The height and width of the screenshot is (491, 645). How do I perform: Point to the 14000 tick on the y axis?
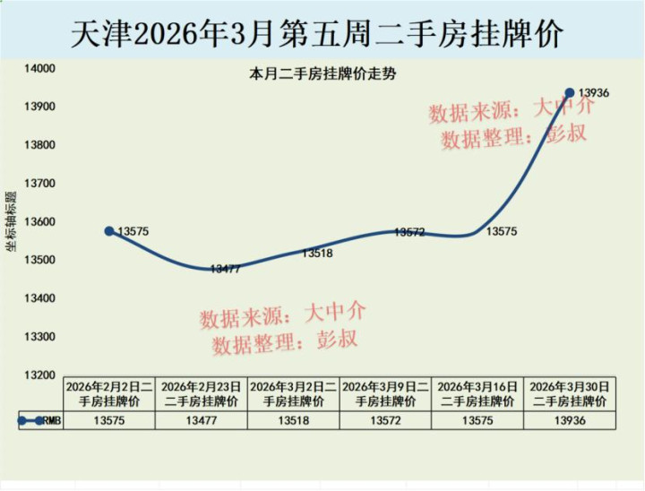40,68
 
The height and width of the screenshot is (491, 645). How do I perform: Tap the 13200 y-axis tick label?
40,375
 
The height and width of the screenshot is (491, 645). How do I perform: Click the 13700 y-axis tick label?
40,184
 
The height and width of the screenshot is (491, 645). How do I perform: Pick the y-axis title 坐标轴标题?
11,221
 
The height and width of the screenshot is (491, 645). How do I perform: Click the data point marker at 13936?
570,92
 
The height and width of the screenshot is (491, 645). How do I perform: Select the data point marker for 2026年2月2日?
109,231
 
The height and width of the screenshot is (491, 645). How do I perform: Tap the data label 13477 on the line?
226,269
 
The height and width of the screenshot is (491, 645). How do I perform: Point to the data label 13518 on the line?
317,254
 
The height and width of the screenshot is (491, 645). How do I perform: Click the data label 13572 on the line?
408,233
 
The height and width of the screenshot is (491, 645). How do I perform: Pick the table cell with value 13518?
293,421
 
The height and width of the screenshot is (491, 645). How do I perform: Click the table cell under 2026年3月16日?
477,421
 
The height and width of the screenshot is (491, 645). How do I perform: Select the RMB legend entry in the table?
40,421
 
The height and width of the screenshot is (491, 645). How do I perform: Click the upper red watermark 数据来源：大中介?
511,110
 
